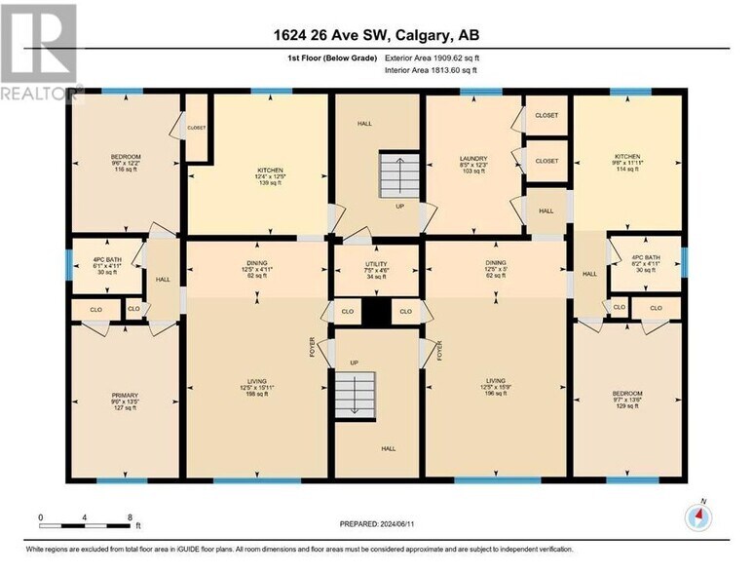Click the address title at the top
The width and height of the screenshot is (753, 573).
click(x=376, y=36)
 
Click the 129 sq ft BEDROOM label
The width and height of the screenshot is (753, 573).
click(x=627, y=401)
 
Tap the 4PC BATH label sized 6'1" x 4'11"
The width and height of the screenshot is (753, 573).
click(x=97, y=265)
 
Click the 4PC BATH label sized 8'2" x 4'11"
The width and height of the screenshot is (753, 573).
click(x=645, y=263)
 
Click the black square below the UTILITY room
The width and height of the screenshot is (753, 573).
click(x=375, y=312)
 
